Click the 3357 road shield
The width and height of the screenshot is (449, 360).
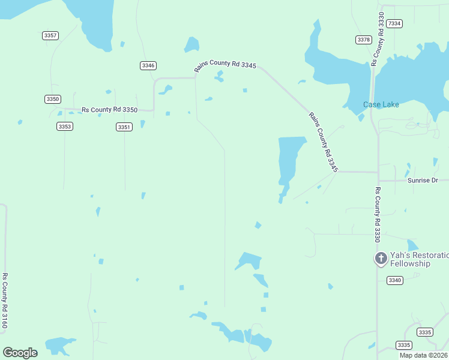(50, 35)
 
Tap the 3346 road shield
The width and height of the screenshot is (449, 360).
(148, 65)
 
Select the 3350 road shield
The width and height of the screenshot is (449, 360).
(53, 98)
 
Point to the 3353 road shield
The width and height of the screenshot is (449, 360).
(65, 126)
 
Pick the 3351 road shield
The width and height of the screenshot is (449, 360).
(124, 127)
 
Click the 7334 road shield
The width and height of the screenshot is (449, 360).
(394, 23)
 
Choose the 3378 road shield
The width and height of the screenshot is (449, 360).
(363, 40)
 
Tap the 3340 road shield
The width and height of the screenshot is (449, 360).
(394, 280)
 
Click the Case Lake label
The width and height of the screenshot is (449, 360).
(381, 104)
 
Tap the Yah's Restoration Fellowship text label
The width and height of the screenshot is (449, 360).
(419, 259)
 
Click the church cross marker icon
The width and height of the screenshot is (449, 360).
(381, 259)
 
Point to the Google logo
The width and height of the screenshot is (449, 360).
(20, 352)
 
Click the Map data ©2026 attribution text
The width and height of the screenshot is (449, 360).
(423, 355)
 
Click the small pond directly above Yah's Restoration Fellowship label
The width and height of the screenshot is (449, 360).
(412, 245)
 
